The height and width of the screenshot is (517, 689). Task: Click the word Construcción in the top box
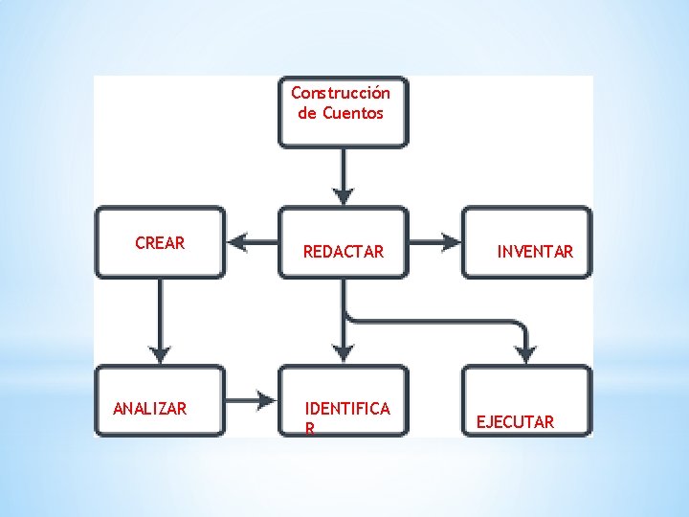click(341, 93)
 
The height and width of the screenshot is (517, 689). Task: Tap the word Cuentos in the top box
click(353, 113)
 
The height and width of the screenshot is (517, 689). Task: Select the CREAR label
click(160, 243)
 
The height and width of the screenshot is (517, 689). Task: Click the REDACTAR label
click(343, 252)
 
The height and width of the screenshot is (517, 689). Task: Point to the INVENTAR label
click(535, 252)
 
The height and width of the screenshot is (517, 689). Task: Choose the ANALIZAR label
click(150, 409)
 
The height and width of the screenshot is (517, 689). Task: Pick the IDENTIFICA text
click(346, 409)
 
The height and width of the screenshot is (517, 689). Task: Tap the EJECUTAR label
click(515, 421)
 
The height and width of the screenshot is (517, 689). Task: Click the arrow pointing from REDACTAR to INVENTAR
click(435, 241)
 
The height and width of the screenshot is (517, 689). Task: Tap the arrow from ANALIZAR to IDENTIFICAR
click(252, 399)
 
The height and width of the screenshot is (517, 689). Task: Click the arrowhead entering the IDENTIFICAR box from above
click(344, 351)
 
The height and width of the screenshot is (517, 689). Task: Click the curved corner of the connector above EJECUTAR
click(519, 325)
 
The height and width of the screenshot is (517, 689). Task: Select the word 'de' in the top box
click(307, 113)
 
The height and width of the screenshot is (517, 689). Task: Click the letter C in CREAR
click(140, 243)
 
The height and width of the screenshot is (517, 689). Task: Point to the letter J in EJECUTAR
click(492, 421)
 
